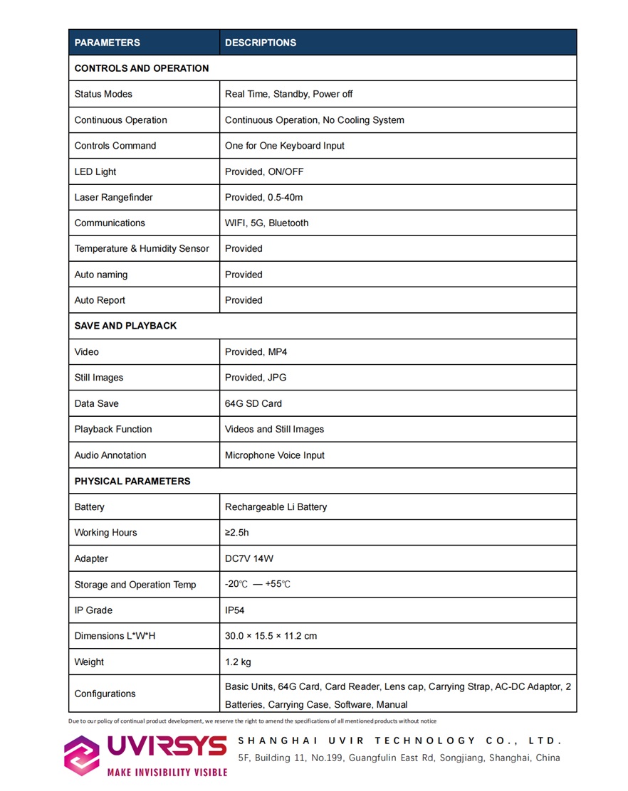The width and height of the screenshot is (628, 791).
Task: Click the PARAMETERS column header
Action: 107,43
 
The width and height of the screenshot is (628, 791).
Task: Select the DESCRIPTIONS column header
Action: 261,43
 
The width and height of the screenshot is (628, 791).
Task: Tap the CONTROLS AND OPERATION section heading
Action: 142,68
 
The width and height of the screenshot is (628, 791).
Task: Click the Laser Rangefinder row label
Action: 113,197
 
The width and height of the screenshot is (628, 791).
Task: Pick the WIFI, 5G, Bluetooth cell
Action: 267,223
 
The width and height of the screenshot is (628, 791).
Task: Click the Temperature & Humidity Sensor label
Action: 142,248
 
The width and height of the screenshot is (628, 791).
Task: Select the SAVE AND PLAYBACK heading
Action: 125,326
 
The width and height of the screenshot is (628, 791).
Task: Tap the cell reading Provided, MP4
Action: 256,351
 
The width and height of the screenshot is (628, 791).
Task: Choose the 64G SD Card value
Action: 253,403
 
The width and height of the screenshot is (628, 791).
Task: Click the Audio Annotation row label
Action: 110,455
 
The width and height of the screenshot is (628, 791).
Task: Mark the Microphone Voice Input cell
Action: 275,455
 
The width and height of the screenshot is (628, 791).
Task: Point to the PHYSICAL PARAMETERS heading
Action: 132,481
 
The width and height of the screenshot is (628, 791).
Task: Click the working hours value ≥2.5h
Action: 237,532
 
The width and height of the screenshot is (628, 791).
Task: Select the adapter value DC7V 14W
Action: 249,558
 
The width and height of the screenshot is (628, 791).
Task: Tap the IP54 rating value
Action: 235,610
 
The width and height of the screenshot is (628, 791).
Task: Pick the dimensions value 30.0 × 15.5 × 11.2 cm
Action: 271,636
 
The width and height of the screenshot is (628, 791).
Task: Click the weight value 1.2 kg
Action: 238,662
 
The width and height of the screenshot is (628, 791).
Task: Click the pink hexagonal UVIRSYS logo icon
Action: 82,755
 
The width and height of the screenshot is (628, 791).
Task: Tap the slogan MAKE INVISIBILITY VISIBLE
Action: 167,772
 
